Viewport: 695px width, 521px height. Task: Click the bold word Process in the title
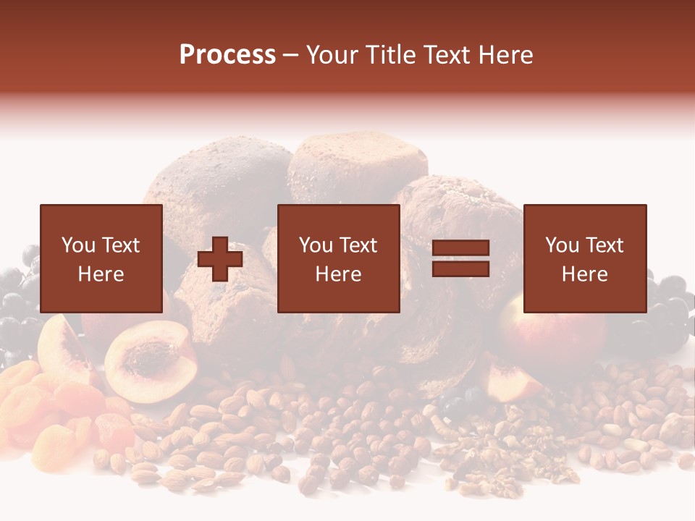pos(227,55)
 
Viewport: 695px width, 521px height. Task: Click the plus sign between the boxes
pos(220,259)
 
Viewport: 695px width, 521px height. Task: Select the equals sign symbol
pos(460,259)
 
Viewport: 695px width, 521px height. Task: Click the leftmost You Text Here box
pos(101,259)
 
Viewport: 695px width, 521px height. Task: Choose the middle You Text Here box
pos(338,259)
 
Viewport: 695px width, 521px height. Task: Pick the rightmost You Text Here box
pos(584,259)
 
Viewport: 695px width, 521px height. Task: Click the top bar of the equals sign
pos(460,248)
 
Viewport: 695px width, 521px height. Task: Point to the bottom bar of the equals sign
pos(460,269)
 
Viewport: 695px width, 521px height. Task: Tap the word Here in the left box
pos(101,274)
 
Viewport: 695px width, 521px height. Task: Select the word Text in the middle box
pos(358,245)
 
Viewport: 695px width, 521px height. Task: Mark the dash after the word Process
pos(291,55)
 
